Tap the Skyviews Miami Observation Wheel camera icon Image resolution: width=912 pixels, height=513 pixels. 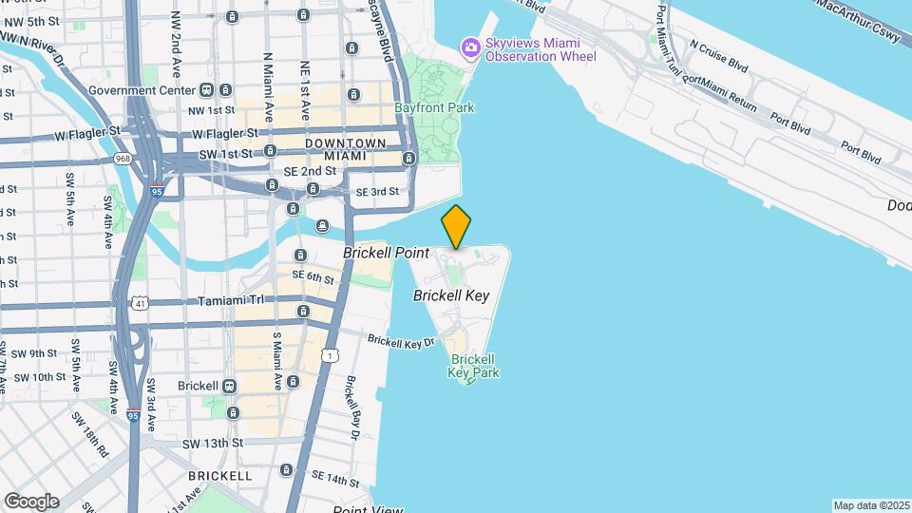470,47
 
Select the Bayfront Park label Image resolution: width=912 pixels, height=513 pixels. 434,107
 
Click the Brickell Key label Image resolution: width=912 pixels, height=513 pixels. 451,295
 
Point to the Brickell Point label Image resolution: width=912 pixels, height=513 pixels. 386,253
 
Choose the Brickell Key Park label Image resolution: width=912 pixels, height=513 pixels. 471,366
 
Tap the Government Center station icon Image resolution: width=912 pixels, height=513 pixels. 206,90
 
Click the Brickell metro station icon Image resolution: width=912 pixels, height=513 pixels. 229,386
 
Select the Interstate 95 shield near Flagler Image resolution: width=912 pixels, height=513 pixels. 157,190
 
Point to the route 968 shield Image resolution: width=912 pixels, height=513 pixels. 122,159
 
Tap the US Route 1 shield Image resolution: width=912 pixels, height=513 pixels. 330,355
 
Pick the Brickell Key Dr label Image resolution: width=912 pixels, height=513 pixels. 400,341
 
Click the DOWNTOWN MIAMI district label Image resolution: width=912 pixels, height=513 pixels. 345,149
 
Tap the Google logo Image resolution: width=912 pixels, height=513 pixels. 30,501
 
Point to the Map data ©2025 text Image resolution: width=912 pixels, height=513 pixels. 871,505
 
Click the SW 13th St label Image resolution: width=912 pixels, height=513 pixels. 213,444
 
